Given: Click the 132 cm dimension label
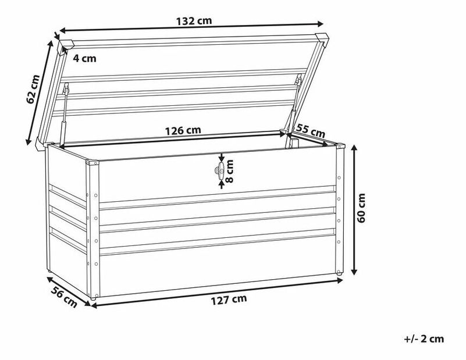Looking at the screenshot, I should pyautogui.click(x=194, y=20).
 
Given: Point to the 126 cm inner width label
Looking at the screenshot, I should pyautogui.click(x=184, y=130).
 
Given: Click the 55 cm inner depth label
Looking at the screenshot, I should pyautogui.click(x=310, y=130).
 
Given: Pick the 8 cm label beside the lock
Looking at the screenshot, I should pyautogui.click(x=230, y=172).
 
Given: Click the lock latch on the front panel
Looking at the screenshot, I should pyautogui.click(x=220, y=170).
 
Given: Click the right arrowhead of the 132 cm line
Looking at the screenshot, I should pyautogui.click(x=321, y=24).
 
